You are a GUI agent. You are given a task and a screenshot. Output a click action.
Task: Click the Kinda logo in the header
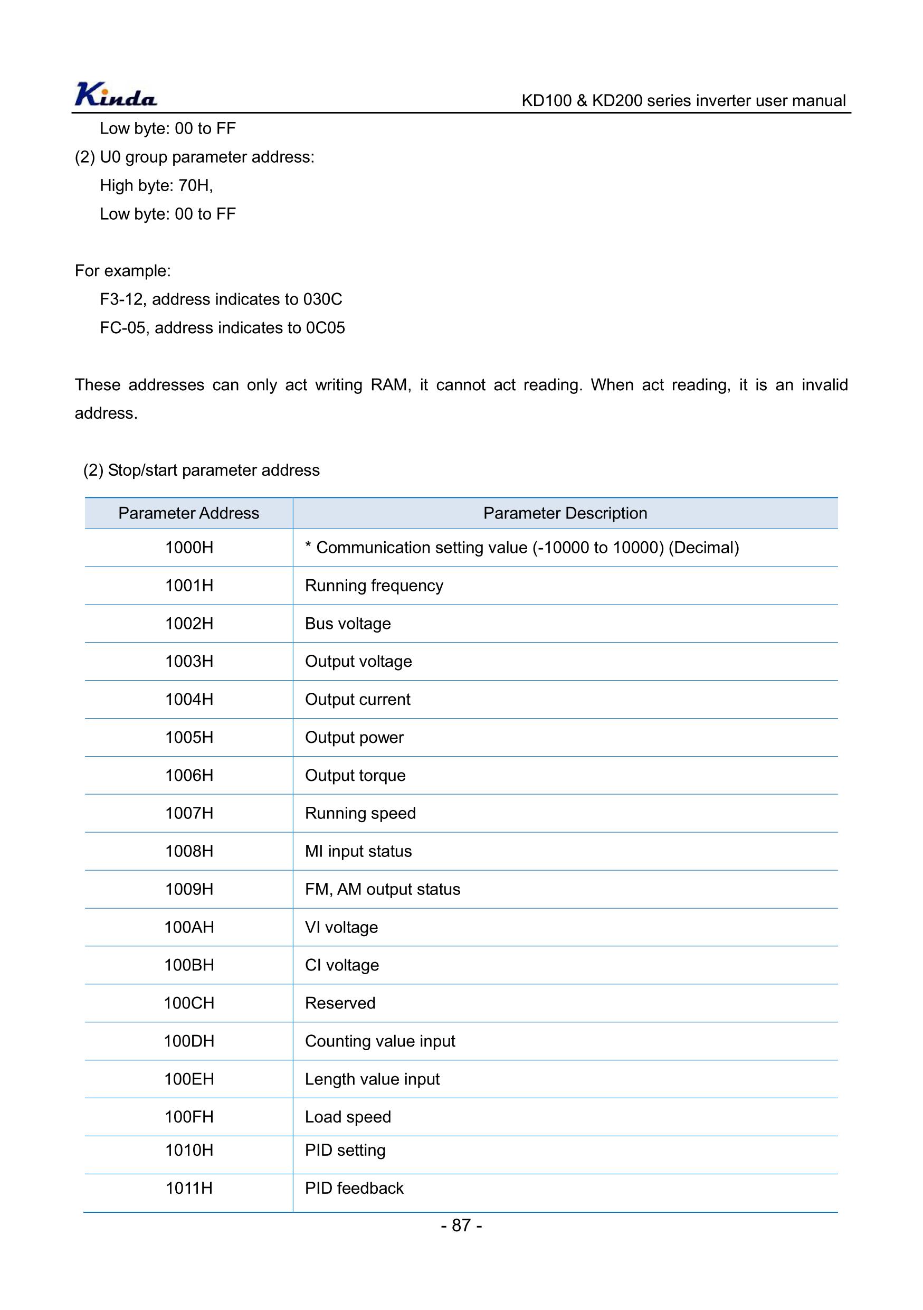point(116,95)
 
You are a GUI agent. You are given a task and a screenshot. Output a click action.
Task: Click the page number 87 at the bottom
point(461,1225)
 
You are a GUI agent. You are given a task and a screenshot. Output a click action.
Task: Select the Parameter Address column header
point(189,513)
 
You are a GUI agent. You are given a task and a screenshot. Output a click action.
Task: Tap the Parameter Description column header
point(565,513)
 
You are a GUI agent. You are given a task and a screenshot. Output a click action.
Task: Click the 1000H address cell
point(189,548)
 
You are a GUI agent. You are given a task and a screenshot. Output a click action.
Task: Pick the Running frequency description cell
point(374,586)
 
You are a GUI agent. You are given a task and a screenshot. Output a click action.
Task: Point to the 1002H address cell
point(189,624)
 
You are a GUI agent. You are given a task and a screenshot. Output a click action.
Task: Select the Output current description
point(357,700)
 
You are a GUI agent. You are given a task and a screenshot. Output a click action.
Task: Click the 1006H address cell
point(189,776)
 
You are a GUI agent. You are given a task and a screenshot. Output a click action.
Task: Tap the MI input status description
point(358,851)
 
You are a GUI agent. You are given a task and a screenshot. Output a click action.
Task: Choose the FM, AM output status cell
point(383,889)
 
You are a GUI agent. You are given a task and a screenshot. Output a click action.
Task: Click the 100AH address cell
point(189,927)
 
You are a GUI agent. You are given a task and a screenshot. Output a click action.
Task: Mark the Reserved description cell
point(340,1003)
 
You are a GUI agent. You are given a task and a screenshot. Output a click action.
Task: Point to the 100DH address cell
point(189,1041)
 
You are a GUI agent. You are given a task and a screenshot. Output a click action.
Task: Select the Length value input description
point(372,1079)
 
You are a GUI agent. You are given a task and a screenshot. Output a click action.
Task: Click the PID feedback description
point(354,1188)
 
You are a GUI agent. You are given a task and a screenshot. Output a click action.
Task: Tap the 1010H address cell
point(189,1149)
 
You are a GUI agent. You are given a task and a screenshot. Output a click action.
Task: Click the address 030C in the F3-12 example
point(322,299)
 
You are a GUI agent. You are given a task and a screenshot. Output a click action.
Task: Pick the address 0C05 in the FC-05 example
point(326,328)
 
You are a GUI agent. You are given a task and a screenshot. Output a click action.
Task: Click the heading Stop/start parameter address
point(213,470)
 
